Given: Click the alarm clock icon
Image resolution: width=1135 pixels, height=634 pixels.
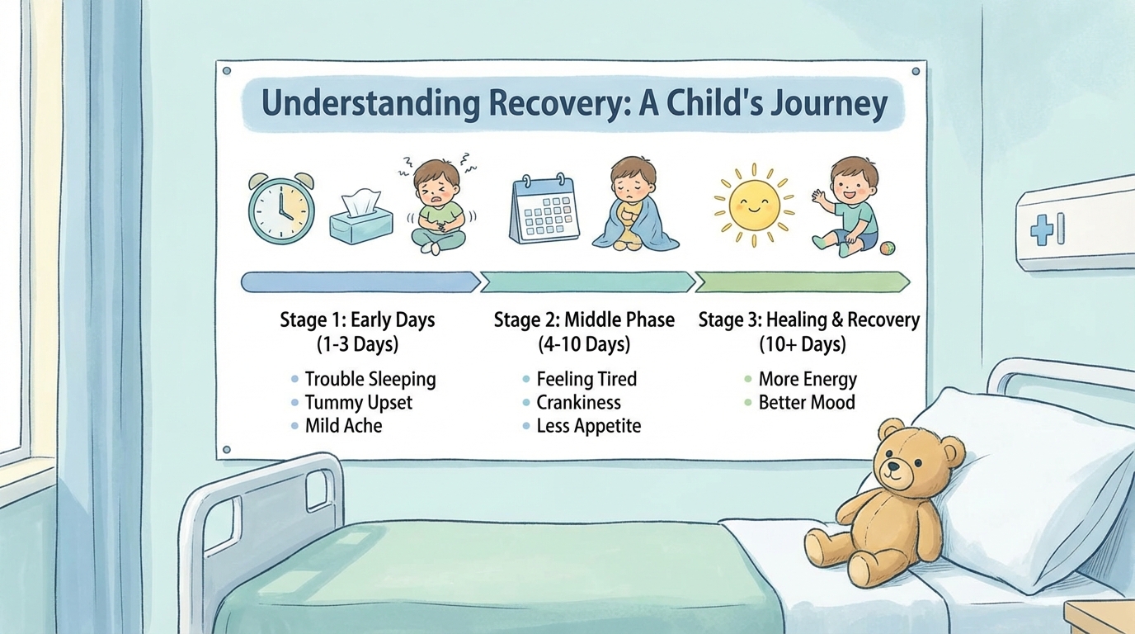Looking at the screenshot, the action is (x=281, y=209).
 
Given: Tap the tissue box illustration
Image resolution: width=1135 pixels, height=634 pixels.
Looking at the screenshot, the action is (x=361, y=218).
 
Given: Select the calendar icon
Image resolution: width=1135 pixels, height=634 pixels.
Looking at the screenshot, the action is (x=544, y=208).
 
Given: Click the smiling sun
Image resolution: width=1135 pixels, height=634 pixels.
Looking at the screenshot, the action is (x=754, y=206).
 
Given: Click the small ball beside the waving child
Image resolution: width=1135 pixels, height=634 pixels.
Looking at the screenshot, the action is (x=888, y=248).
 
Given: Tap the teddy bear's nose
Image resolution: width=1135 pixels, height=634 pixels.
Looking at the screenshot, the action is (x=893, y=466).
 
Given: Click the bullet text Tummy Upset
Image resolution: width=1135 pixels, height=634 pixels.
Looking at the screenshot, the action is (x=358, y=402).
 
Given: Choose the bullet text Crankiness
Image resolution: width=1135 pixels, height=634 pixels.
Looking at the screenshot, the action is (x=579, y=402).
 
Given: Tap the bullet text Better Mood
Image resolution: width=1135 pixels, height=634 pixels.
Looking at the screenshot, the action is (x=807, y=402).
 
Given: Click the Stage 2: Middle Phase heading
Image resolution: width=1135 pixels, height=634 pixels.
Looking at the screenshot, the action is (x=584, y=320).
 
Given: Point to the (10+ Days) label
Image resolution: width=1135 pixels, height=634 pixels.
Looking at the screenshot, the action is (x=803, y=344).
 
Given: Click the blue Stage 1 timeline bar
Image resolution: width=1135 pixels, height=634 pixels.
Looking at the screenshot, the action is (x=360, y=282).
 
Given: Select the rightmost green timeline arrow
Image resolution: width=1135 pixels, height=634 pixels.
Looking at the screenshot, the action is (x=803, y=282).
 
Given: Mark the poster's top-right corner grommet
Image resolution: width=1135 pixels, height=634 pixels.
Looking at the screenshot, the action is (x=916, y=72).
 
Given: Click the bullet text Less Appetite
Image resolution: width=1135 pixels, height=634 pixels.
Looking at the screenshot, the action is (x=589, y=426).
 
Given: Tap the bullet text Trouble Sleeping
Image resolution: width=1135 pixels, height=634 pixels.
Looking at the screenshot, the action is (x=370, y=380).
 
